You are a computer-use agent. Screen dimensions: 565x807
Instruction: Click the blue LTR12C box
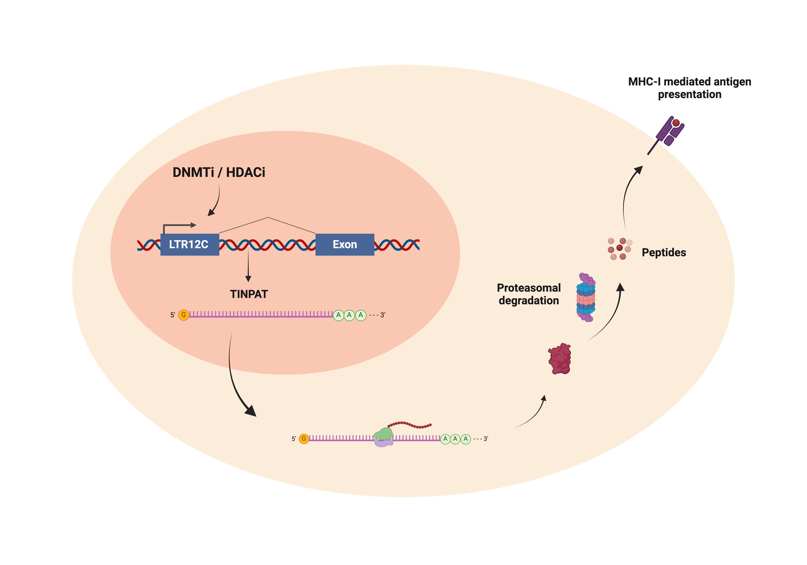(190, 244)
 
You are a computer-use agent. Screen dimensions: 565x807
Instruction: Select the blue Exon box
(345, 244)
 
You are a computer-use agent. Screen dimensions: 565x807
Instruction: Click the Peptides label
(664, 253)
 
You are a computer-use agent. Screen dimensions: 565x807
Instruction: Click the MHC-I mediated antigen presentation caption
(690, 88)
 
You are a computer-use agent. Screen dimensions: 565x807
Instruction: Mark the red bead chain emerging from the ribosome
(409, 424)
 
